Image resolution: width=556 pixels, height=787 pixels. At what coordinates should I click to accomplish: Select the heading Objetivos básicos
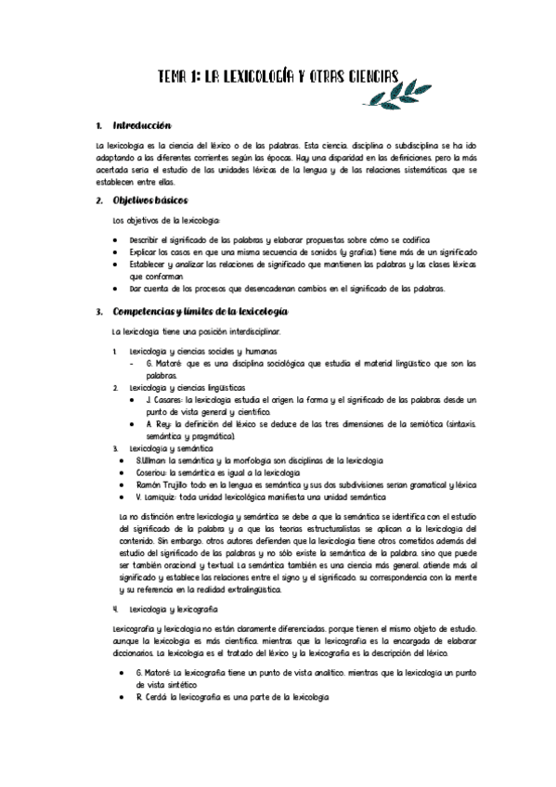point(150,200)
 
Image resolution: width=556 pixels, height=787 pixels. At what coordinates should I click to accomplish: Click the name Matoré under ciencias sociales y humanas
point(169,363)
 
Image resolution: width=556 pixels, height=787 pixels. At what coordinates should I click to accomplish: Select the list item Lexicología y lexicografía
point(174,609)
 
